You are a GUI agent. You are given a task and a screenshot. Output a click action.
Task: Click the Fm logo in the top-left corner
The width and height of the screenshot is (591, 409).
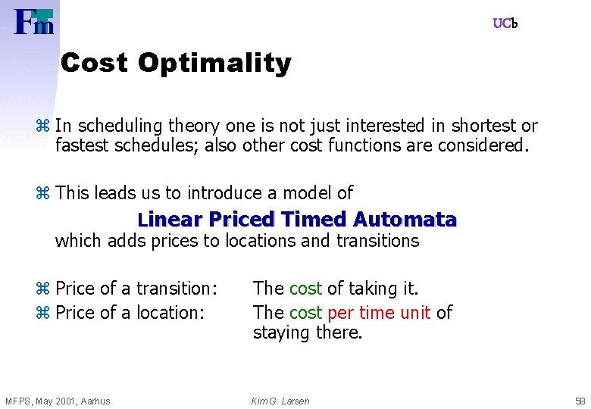34,21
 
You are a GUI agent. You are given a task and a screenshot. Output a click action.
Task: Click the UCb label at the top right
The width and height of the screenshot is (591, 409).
505,23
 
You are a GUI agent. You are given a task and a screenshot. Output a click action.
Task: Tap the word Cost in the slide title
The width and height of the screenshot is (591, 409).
95,63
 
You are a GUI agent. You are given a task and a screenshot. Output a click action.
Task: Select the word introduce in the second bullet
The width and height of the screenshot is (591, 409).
222,193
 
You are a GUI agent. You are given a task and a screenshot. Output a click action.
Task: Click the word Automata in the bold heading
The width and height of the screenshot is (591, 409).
405,220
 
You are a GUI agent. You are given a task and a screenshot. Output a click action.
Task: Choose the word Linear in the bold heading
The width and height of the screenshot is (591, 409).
170,220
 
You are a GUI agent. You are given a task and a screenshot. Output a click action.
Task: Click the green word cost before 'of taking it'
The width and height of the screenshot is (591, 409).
305,289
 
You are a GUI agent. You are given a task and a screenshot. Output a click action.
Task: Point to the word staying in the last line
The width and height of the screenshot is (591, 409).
283,333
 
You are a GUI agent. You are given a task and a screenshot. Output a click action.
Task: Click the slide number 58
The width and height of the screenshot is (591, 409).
580,401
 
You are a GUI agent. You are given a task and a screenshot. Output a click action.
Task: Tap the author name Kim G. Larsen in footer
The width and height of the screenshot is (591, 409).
280,401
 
